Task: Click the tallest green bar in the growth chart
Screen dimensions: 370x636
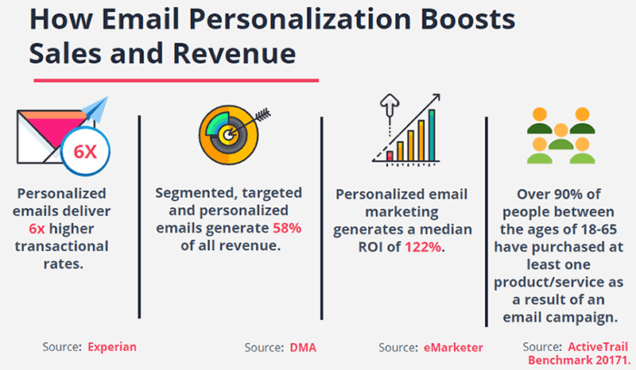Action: pos(432,134)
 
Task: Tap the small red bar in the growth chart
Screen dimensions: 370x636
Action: pos(390,156)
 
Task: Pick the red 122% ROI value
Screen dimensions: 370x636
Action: pos(425,248)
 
